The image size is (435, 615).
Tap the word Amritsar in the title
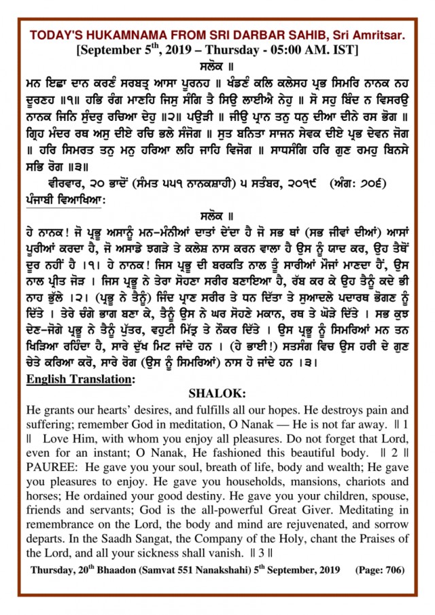383,35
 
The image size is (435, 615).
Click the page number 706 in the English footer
390,569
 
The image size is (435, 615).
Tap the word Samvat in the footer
176,569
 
